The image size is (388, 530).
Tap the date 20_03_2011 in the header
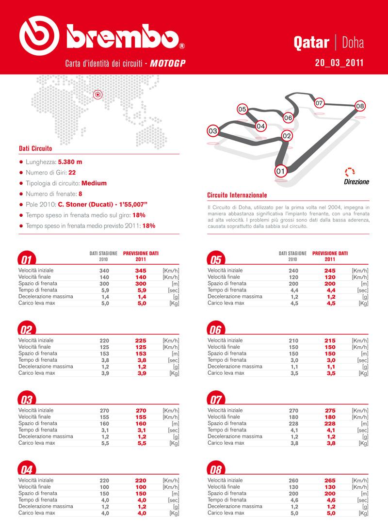pyautogui.click(x=339, y=63)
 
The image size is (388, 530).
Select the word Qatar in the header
pyautogui.click(x=311, y=43)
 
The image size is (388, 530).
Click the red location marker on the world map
pyautogui.click(x=97, y=95)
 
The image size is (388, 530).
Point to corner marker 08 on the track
pyautogui.click(x=360, y=106)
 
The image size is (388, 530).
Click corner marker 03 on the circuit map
pyautogui.click(x=212, y=131)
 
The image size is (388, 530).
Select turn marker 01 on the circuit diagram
pyautogui.click(x=279, y=171)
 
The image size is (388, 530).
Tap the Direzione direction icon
pyautogui.click(x=349, y=172)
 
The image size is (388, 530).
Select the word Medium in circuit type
pyautogui.click(x=94, y=183)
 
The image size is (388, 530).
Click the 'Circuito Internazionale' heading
pyautogui.click(x=237, y=195)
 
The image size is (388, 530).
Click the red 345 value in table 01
pyautogui.click(x=141, y=270)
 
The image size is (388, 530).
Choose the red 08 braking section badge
pyautogui.click(x=215, y=470)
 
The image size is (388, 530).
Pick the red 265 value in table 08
pyautogui.click(x=330, y=481)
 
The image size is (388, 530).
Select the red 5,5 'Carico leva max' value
pyautogui.click(x=141, y=443)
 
